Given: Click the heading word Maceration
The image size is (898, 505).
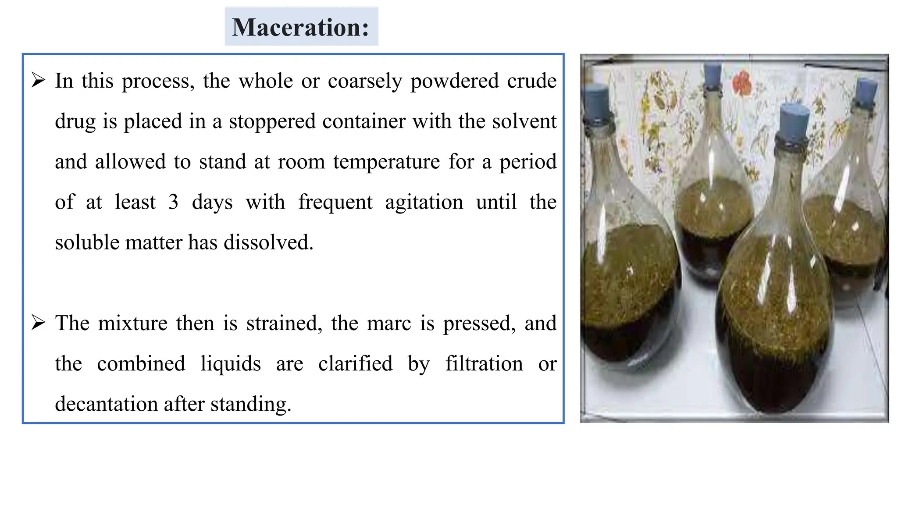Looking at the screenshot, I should tap(300, 27).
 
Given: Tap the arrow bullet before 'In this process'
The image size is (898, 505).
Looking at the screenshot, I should tap(39, 81).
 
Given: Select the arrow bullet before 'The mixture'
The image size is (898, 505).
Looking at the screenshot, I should tap(39, 323).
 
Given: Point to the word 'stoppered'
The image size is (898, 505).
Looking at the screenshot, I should tap(272, 121).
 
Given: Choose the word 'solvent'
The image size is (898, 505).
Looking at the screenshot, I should tap(524, 121).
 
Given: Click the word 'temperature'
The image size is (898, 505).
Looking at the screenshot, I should tap(386, 162).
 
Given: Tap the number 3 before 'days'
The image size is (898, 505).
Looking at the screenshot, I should tap(174, 202).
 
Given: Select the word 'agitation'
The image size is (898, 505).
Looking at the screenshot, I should tap(424, 202).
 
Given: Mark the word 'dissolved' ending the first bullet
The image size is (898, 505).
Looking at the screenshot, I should tap(268, 242).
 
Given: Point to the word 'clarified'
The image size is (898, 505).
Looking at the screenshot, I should tap(355, 364).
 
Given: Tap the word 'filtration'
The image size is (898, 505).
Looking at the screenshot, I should tap(484, 364).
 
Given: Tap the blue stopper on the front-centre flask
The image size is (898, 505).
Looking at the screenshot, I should tap(794, 118).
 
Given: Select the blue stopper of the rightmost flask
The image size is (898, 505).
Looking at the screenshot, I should tap(866, 91).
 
